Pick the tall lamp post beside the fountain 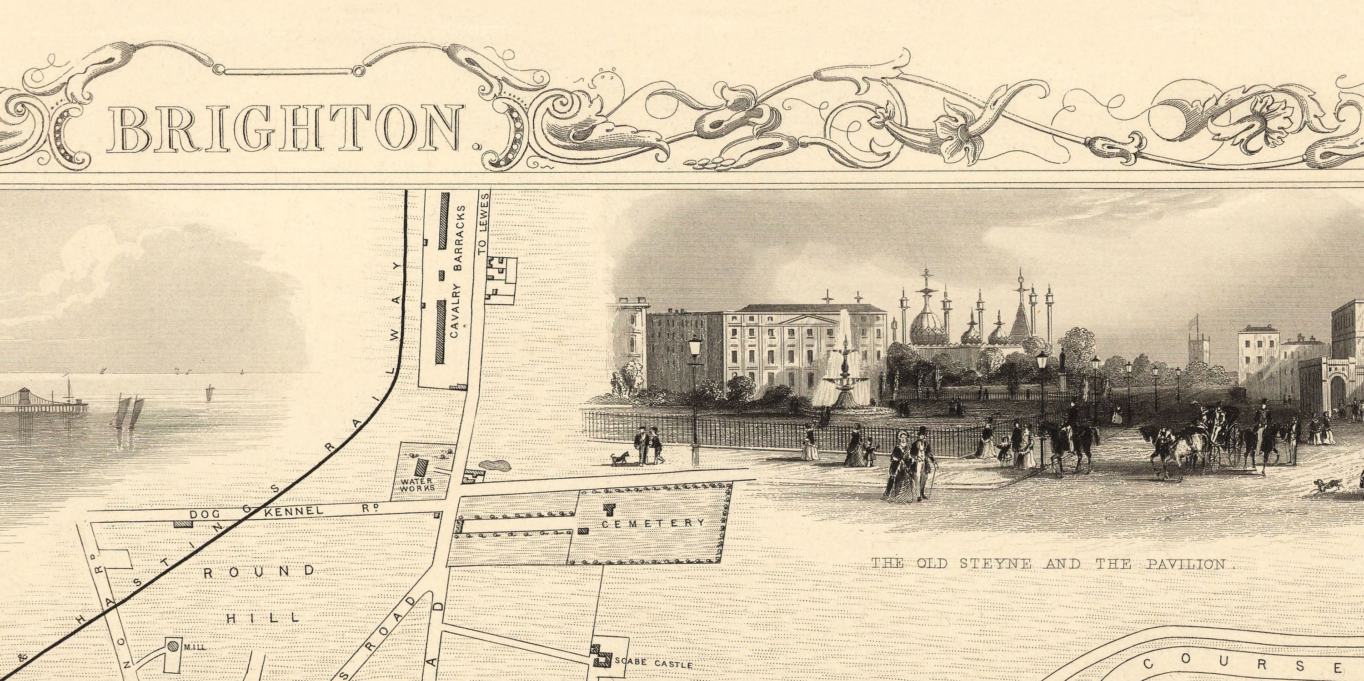click(695, 392)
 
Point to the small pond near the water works click(495, 465)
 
